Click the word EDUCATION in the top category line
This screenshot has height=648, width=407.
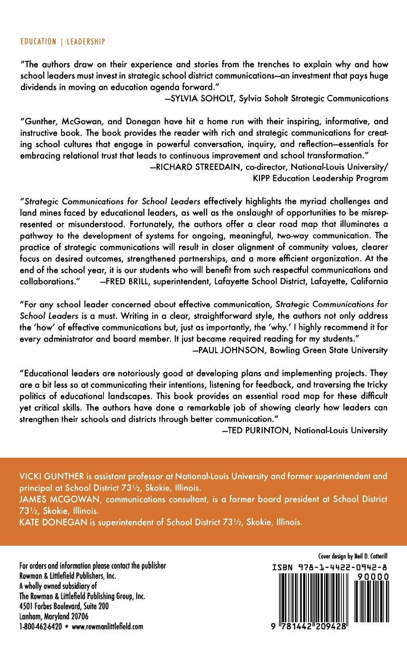click(38, 42)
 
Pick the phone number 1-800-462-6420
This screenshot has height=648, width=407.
click(40, 627)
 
